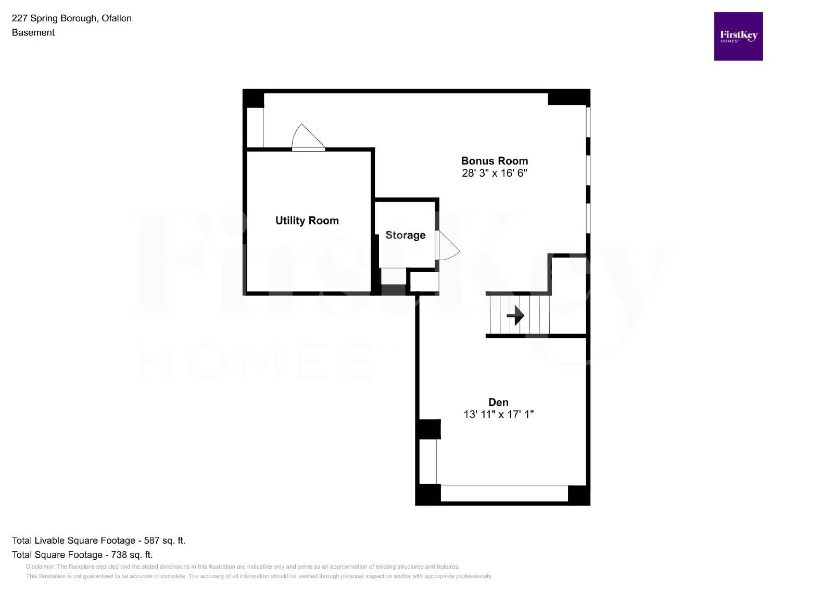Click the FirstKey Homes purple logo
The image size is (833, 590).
[738, 36]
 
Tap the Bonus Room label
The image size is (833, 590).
[494, 161]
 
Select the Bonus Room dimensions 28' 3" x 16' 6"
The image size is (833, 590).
[494, 173]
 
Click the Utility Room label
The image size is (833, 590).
[307, 220]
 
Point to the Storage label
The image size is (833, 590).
[405, 235]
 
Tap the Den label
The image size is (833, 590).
[498, 402]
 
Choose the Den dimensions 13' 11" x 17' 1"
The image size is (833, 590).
[498, 414]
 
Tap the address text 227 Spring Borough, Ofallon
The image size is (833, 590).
[71, 18]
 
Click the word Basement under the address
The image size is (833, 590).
[33, 32]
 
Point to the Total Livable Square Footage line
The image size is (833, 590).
[98, 540]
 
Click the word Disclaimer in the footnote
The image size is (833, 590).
[40, 567]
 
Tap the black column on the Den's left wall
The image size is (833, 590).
[429, 429]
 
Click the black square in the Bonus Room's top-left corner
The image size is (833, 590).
[254, 99]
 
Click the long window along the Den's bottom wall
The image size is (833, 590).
[504, 494]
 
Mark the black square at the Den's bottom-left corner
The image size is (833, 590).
[428, 495]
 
